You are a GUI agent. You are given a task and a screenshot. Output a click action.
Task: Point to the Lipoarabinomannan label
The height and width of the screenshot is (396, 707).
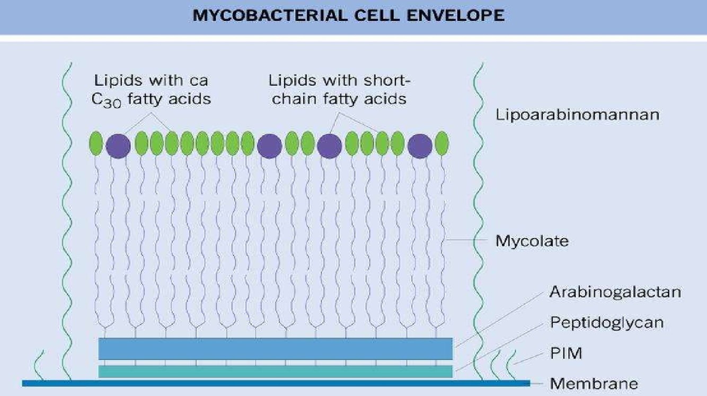pyautogui.click(x=578, y=114)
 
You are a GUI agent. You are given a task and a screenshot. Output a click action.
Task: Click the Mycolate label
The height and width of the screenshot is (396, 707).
pyautogui.click(x=532, y=241)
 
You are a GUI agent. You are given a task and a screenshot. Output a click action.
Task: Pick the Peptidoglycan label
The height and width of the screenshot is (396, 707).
pyautogui.click(x=607, y=322)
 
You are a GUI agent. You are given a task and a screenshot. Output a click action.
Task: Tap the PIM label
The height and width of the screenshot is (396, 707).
pyautogui.click(x=566, y=353)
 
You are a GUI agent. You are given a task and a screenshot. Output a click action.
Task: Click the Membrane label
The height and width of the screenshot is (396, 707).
pyautogui.click(x=594, y=383)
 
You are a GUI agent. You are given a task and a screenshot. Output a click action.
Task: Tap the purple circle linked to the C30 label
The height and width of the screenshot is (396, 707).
pyautogui.click(x=118, y=145)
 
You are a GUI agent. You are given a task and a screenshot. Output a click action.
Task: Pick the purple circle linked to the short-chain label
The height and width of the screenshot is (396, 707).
pyautogui.click(x=330, y=145)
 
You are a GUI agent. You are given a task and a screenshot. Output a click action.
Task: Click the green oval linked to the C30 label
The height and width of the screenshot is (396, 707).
pyautogui.click(x=171, y=143)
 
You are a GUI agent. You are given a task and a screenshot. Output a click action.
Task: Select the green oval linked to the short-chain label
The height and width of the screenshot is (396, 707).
pyautogui.click(x=382, y=143)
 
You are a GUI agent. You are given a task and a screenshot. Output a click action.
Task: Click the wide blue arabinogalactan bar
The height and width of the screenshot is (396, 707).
pyautogui.click(x=276, y=348)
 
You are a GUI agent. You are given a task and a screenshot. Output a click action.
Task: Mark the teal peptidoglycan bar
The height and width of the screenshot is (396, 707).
pyautogui.click(x=276, y=372)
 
